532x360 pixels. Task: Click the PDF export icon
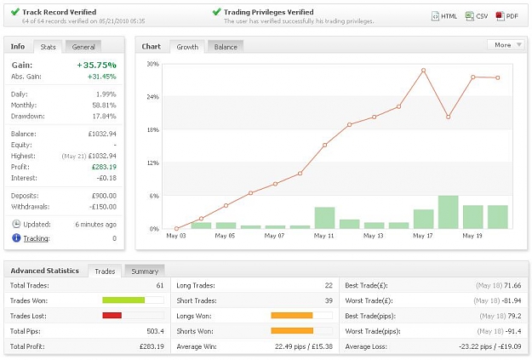(500, 16)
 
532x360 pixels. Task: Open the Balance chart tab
(226, 47)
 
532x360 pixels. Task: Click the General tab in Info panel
(83, 47)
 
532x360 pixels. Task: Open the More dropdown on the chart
(506, 45)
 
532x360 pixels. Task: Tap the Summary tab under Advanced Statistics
(145, 271)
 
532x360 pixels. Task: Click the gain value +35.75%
(97, 65)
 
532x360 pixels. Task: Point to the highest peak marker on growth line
(423, 71)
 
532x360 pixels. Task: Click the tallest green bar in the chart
(449, 212)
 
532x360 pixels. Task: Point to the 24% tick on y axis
(152, 97)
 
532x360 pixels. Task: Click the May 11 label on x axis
(324, 236)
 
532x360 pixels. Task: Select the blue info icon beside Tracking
(16, 237)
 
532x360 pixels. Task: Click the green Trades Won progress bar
(123, 300)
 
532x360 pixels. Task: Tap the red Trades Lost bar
(112, 316)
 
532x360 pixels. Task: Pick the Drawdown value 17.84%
(104, 116)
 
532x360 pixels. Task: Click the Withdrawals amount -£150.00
(103, 207)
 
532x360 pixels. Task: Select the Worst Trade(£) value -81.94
(512, 300)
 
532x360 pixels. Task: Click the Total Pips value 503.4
(156, 331)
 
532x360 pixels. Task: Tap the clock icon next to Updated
(16, 224)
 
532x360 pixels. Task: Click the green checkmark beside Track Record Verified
(15, 12)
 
